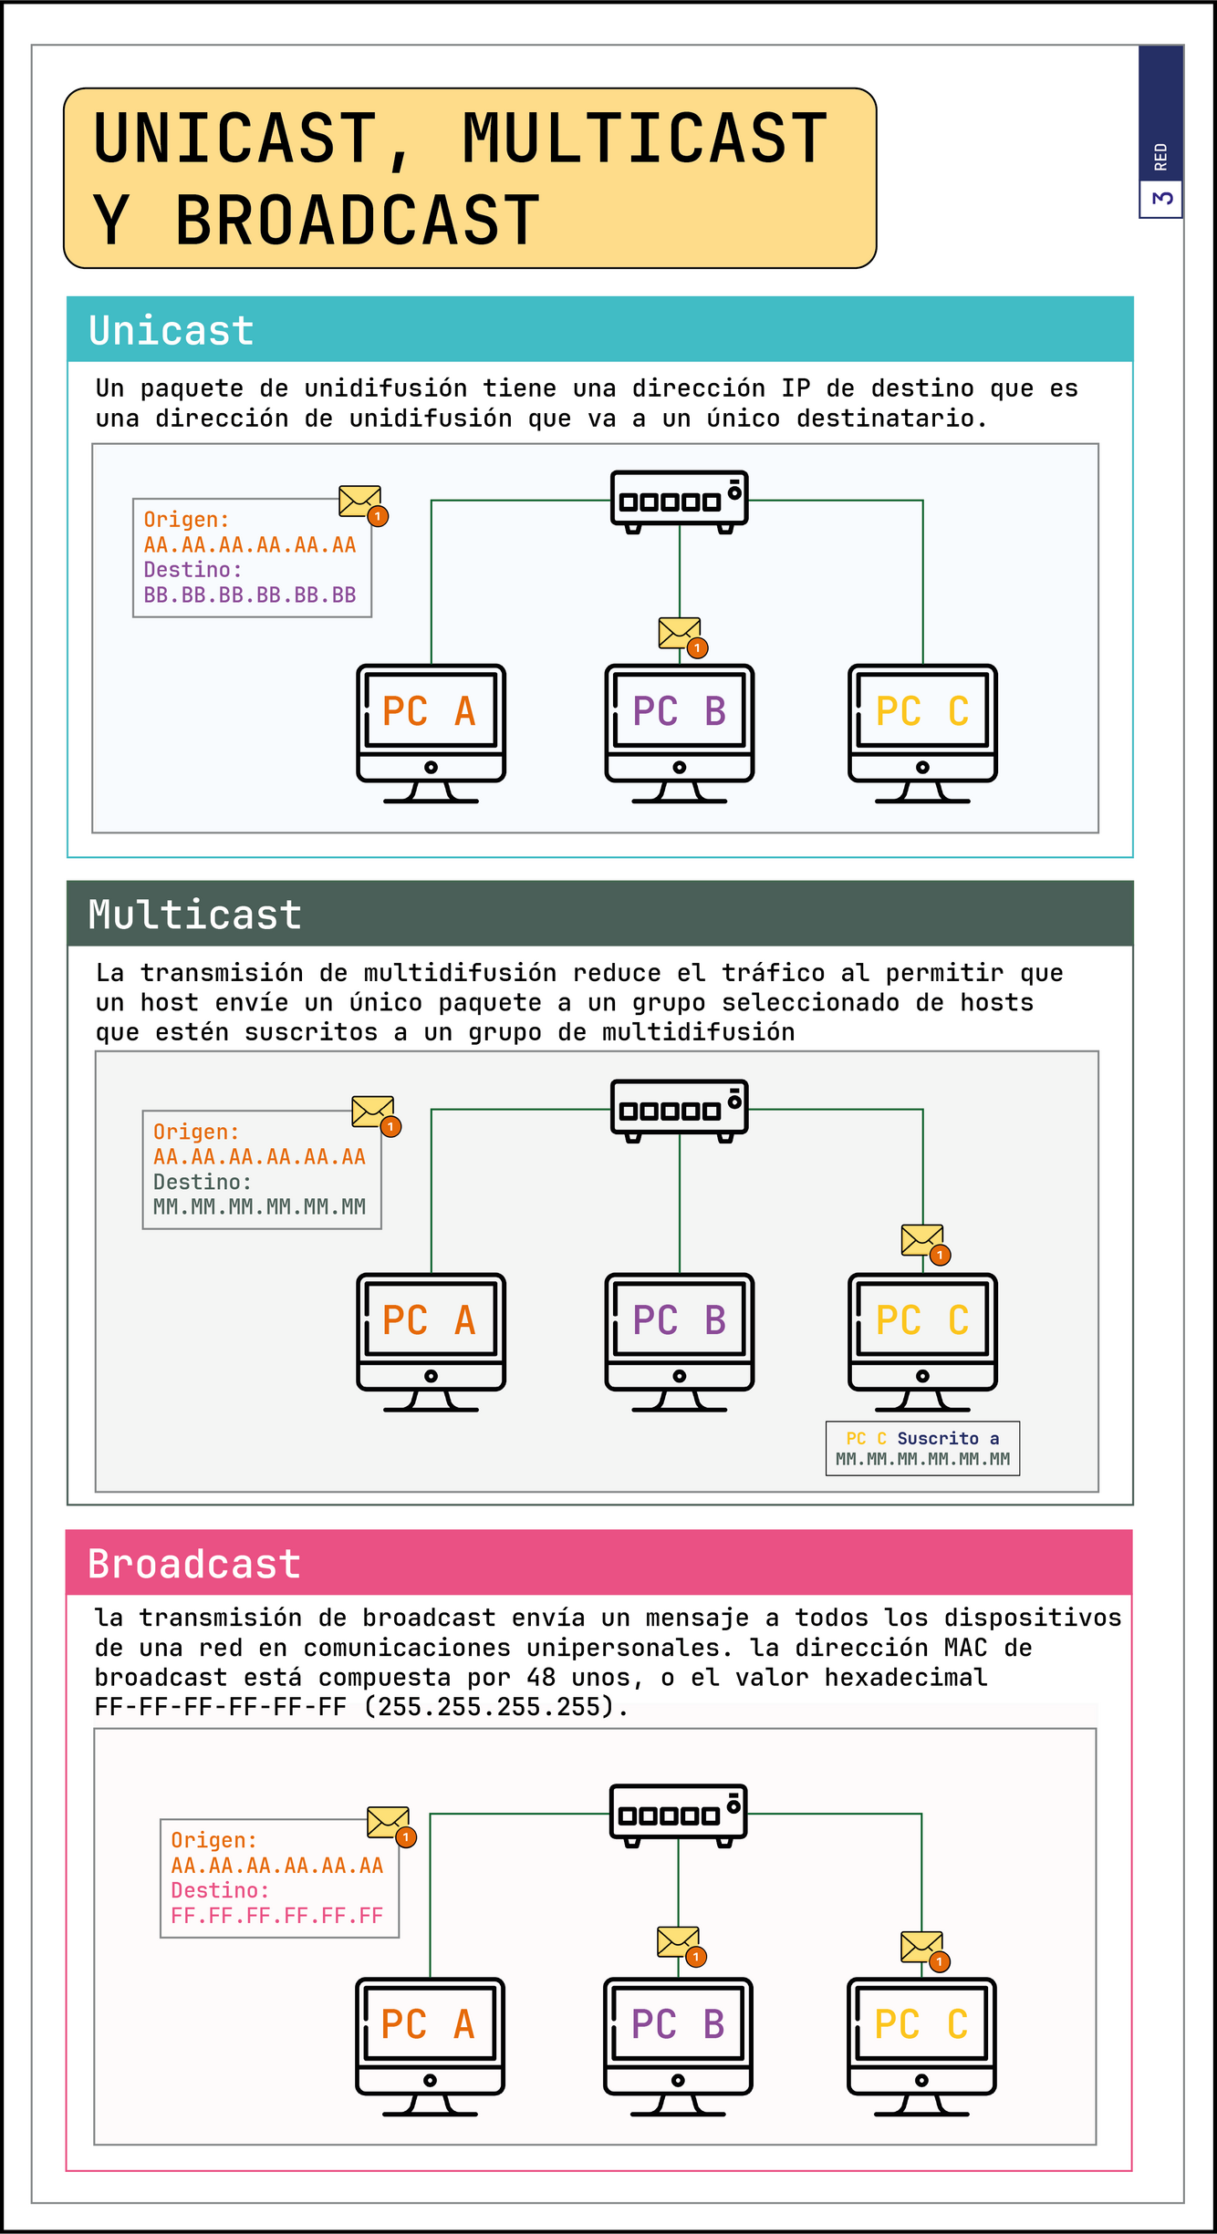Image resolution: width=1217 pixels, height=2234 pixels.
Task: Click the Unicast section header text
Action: (x=172, y=330)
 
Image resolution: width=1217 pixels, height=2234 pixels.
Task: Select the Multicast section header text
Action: (x=194, y=915)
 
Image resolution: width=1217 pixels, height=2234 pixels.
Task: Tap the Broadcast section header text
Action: (x=193, y=1564)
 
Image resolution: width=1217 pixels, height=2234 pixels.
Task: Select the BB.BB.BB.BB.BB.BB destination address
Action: (x=250, y=595)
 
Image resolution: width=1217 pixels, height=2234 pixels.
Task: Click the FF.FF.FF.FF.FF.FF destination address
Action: (x=277, y=1916)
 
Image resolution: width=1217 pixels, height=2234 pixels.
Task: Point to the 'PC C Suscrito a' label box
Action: (x=922, y=1448)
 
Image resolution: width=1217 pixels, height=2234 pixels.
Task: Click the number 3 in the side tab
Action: (x=1161, y=198)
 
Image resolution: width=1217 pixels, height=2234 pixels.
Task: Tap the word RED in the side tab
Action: (x=1160, y=157)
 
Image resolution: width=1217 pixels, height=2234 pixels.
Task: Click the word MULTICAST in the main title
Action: (x=644, y=139)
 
